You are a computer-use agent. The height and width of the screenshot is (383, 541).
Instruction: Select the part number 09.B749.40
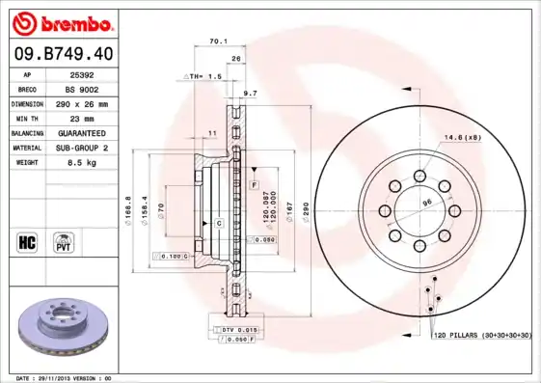(61, 54)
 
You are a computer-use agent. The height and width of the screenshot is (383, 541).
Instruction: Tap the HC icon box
(26, 240)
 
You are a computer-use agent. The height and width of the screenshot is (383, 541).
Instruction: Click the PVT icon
(63, 240)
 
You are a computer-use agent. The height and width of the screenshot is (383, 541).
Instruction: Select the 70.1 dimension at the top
(218, 41)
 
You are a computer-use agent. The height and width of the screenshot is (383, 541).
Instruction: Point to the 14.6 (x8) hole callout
(463, 138)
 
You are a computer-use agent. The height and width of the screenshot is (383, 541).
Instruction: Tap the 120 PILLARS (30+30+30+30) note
(482, 335)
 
